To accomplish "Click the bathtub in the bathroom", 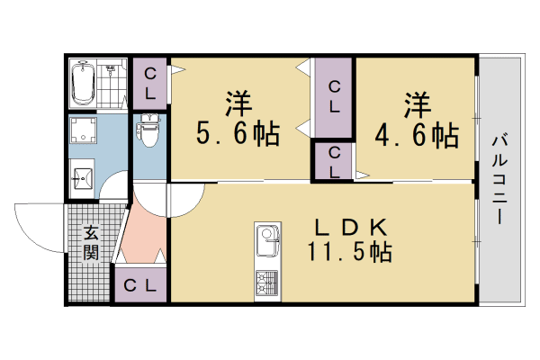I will [x=84, y=83].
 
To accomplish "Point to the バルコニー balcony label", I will [x=500, y=180].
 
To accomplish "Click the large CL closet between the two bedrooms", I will [x=333, y=96].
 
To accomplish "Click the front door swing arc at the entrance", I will [x=36, y=229].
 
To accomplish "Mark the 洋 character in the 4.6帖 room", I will [x=416, y=103].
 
